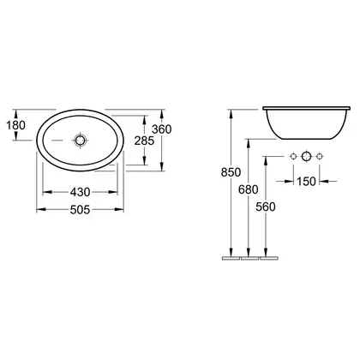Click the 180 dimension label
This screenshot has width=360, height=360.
click(16, 125)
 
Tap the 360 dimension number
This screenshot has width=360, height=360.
click(162, 129)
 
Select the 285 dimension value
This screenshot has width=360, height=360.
click(144, 141)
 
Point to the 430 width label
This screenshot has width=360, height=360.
click(81, 192)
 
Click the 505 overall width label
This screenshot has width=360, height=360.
click(81, 210)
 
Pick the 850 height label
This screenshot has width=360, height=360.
click(231, 172)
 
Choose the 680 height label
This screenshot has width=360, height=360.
click(249, 189)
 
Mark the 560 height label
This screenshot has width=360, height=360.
click(266, 207)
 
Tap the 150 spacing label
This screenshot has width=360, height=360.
click(306, 181)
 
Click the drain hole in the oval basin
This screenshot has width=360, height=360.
click(80, 141)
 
